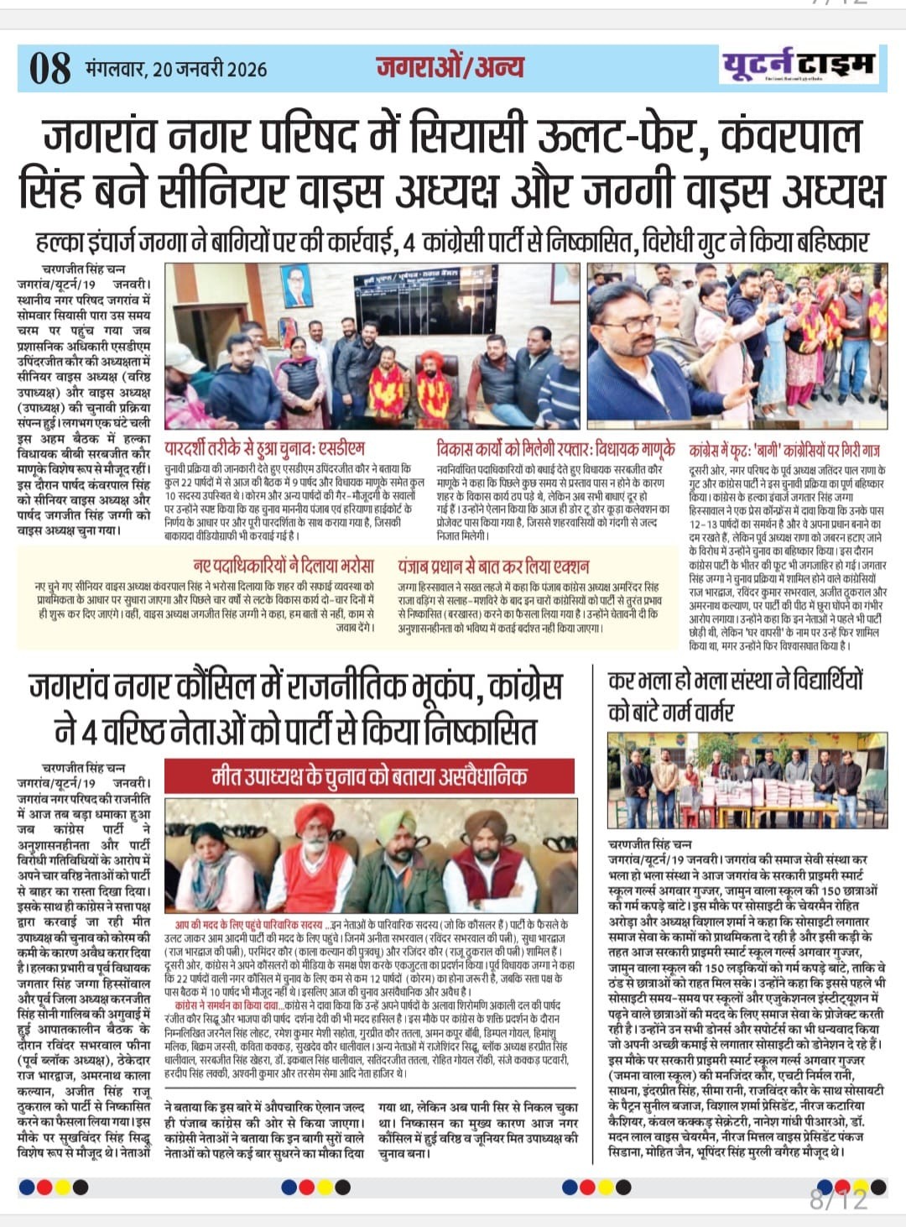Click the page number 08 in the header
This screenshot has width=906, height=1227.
click(x=49, y=68)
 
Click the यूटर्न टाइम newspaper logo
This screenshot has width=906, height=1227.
click(x=799, y=65)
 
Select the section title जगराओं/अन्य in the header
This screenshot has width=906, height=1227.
click(x=450, y=67)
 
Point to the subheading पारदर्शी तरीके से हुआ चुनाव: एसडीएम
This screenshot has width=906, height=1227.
click(x=264, y=448)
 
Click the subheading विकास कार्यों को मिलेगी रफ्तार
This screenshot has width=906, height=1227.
click(x=555, y=448)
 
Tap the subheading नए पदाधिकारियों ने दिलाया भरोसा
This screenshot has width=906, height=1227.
click(x=283, y=566)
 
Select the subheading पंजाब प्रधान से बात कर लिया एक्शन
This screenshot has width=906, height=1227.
click(x=493, y=566)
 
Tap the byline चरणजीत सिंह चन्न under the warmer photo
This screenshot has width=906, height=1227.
click(x=650, y=843)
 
